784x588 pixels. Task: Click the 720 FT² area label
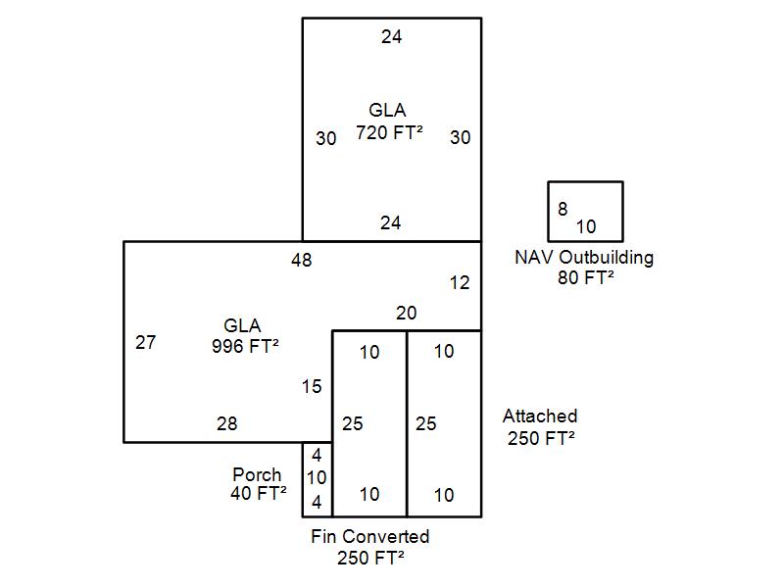click(x=389, y=133)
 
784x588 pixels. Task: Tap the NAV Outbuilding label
click(x=584, y=258)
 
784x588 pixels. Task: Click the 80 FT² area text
click(x=584, y=277)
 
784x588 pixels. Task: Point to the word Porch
click(x=257, y=475)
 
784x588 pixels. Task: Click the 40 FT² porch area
click(x=259, y=494)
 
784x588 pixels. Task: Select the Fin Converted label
click(x=370, y=537)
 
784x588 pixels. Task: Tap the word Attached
click(x=540, y=416)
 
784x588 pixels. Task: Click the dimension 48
click(x=302, y=260)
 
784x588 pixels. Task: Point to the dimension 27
click(x=145, y=343)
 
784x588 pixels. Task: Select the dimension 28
click(x=226, y=424)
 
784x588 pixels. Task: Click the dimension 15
click(x=312, y=387)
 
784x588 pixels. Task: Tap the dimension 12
click(x=460, y=283)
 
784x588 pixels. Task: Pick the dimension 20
click(x=406, y=314)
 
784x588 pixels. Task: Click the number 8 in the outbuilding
click(x=563, y=209)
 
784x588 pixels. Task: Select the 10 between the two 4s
click(x=317, y=478)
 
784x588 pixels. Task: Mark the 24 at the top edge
click(x=391, y=37)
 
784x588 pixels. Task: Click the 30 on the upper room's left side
click(x=326, y=139)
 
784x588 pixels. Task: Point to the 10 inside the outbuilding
click(x=586, y=226)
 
